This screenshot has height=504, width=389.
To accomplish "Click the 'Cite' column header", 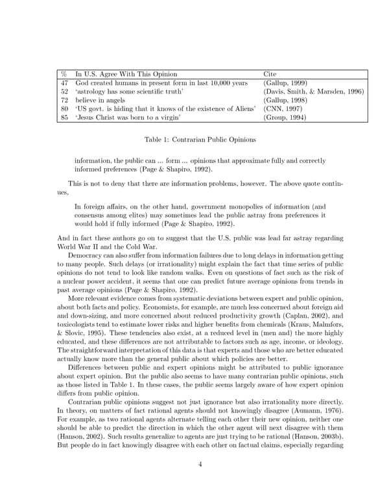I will tap(269, 74).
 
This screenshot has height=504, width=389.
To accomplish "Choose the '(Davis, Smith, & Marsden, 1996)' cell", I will tap(314, 92).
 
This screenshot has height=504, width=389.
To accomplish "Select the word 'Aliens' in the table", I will tap(244, 110).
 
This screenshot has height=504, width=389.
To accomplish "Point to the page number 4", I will tap(194, 464).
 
